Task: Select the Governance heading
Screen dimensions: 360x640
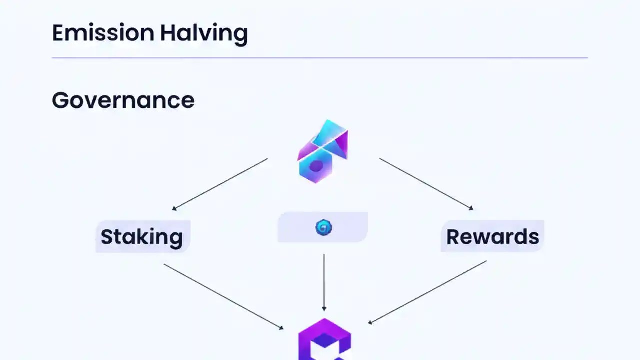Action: pyautogui.click(x=123, y=100)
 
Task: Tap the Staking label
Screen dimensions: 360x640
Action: pyautogui.click(x=142, y=236)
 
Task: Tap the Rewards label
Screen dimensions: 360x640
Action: pyautogui.click(x=492, y=236)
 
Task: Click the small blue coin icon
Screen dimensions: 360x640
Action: pyautogui.click(x=323, y=228)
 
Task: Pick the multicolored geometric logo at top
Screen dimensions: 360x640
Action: pyautogui.click(x=323, y=151)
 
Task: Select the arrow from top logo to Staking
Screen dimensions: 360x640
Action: pyautogui.click(x=220, y=184)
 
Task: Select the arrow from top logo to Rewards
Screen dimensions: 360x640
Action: pyautogui.click(x=426, y=184)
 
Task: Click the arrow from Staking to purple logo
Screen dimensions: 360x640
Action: pyautogui.click(x=223, y=296)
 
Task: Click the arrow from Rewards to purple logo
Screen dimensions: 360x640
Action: pyautogui.click(x=428, y=292)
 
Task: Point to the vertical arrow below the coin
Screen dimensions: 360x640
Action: pyautogui.click(x=324, y=282)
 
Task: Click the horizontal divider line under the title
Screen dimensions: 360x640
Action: pyautogui.click(x=320, y=58)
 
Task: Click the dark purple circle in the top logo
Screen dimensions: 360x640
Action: pyautogui.click(x=316, y=166)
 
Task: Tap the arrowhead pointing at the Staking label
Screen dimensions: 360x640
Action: pyautogui.click(x=175, y=208)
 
